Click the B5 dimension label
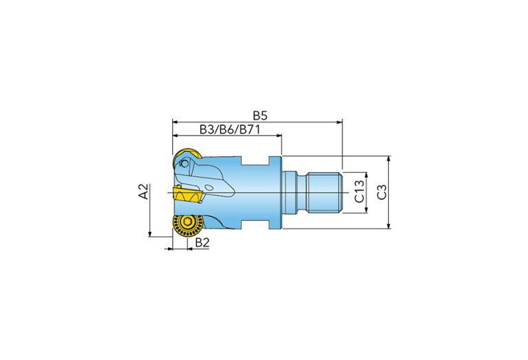260,116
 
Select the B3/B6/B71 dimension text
230,129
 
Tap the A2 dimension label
144,191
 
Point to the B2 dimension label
202,242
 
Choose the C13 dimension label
359,191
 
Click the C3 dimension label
382,192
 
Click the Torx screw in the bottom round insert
187,222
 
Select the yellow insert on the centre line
187,195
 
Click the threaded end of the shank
324,192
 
